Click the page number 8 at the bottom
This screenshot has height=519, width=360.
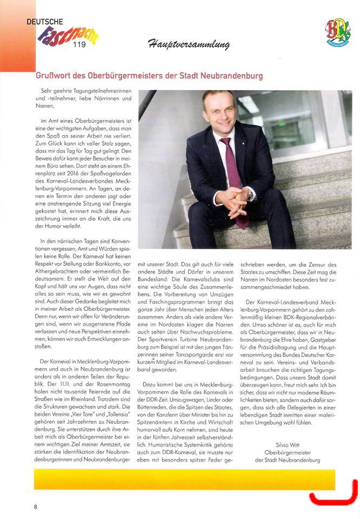tap(36, 507)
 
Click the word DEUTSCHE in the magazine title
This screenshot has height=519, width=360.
tap(45, 22)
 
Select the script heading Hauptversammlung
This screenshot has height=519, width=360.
tap(187, 44)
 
